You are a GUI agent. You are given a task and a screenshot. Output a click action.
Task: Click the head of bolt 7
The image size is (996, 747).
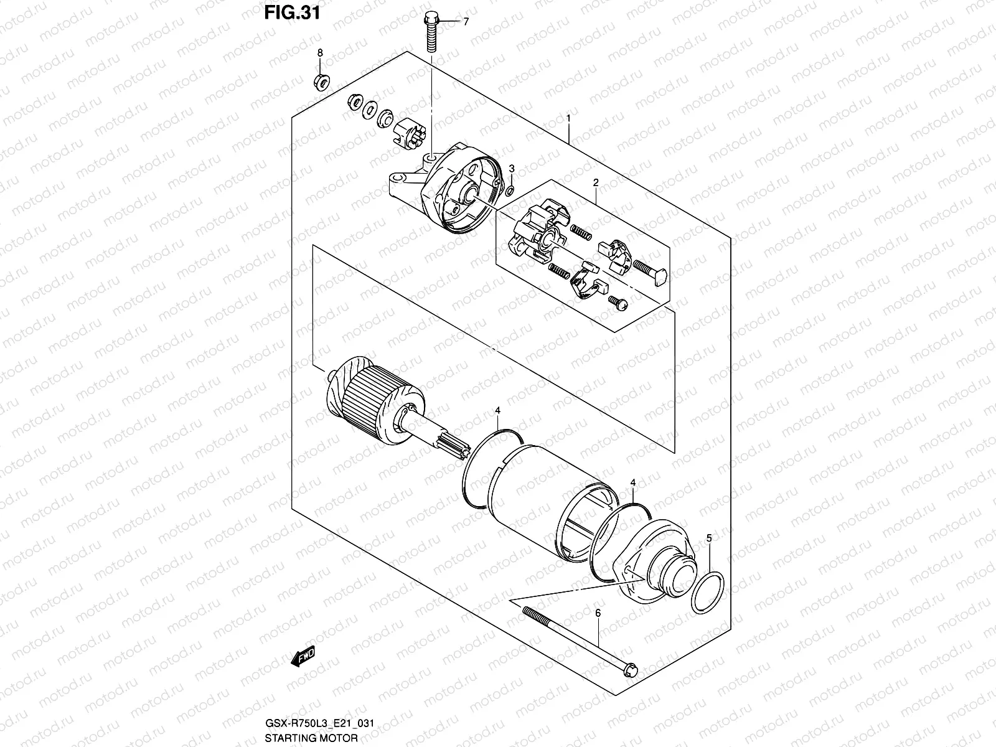click(430, 19)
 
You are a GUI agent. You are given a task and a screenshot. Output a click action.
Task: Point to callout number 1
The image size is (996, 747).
click(568, 118)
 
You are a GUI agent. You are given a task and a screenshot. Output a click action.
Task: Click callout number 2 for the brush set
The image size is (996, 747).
click(596, 183)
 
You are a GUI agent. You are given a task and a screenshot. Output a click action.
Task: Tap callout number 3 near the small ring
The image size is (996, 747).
click(512, 169)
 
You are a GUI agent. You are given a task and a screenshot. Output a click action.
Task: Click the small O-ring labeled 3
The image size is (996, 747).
click(510, 190)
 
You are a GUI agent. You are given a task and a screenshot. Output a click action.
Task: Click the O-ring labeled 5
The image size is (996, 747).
click(707, 592)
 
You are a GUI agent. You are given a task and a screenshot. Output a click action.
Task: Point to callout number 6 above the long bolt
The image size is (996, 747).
click(598, 614)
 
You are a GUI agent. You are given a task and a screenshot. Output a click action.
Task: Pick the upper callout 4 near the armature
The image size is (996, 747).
click(498, 410)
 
